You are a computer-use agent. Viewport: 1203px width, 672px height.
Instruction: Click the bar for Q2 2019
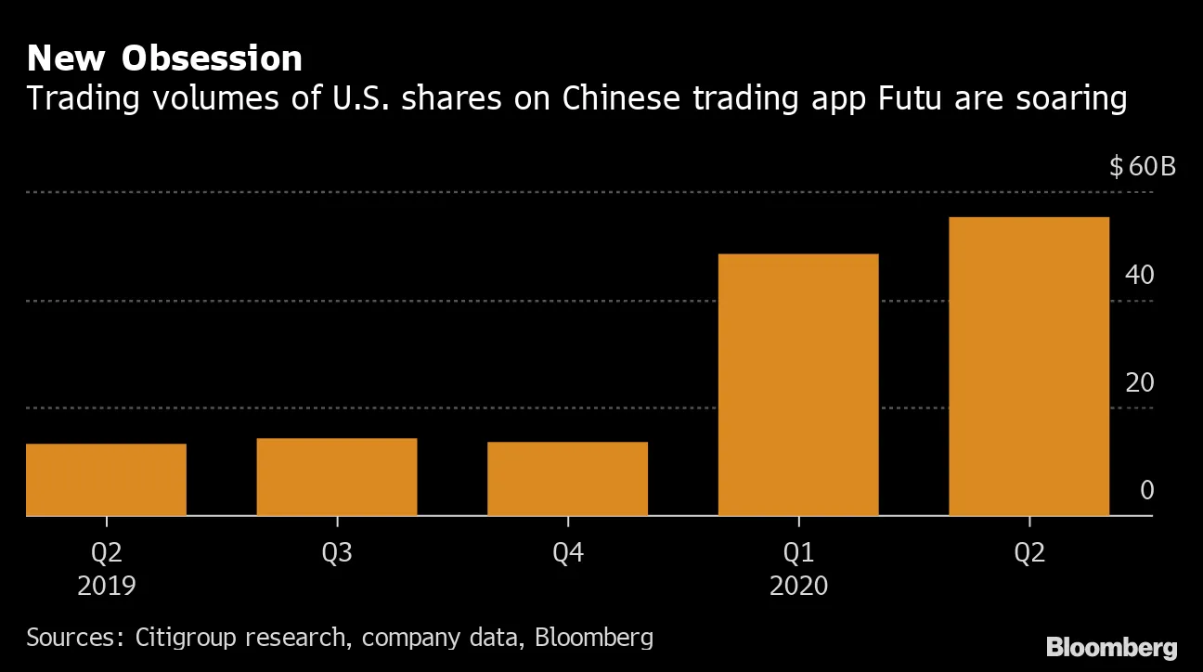pyautogui.click(x=106, y=479)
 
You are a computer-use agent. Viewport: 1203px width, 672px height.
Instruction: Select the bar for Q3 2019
pyautogui.click(x=336, y=476)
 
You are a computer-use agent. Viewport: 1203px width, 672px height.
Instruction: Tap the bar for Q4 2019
pyautogui.click(x=567, y=478)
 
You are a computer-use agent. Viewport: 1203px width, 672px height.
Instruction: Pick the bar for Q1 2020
pyautogui.click(x=798, y=384)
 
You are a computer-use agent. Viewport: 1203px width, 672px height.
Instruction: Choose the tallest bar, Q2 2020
pyautogui.click(x=1028, y=366)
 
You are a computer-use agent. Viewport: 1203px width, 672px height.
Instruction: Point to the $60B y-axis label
pyautogui.click(x=1143, y=167)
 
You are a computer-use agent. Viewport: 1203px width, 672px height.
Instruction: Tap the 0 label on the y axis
pyautogui.click(x=1146, y=490)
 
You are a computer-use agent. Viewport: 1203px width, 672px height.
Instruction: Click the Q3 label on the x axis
pyautogui.click(x=336, y=553)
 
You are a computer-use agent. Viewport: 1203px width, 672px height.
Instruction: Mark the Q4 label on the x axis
pyautogui.click(x=567, y=553)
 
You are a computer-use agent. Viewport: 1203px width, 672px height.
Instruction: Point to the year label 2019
pyautogui.click(x=107, y=587)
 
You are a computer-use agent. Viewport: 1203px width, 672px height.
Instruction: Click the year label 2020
pyautogui.click(x=798, y=587)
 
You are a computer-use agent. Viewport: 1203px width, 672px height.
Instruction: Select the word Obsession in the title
pyautogui.click(x=213, y=58)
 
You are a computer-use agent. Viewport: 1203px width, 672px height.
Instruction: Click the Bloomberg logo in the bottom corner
pyautogui.click(x=1111, y=647)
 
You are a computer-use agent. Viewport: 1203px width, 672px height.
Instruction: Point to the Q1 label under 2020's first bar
pyautogui.click(x=798, y=553)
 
